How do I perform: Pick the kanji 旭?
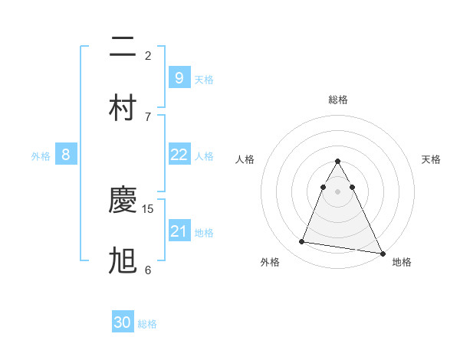tap(123, 260)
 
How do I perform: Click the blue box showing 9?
tap(179, 77)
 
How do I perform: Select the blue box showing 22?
tap(179, 155)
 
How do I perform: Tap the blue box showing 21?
tap(179, 231)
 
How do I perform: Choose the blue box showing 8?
tap(66, 155)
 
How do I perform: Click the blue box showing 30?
tap(123, 322)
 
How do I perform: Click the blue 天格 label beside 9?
tap(204, 79)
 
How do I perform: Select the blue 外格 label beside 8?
tap(41, 156)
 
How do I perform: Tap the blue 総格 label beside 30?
tap(147, 324)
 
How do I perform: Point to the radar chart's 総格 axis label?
tap(338, 100)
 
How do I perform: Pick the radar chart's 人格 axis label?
tap(245, 159)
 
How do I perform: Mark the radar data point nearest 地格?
tap(382, 253)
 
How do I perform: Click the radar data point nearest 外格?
tap(302, 242)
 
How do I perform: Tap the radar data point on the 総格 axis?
tap(338, 162)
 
